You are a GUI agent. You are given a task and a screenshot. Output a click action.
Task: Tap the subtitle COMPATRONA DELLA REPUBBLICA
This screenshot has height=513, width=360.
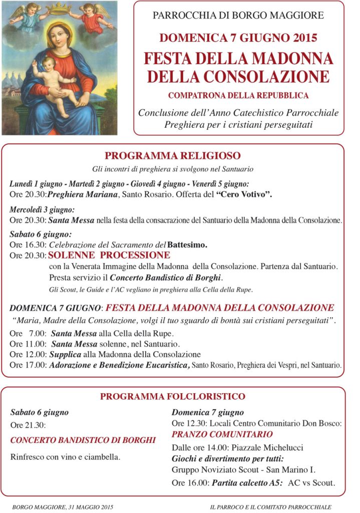pyautogui.click(x=238, y=95)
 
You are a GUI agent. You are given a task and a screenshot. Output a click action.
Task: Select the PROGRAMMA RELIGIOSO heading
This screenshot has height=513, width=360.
pyautogui.click(x=173, y=156)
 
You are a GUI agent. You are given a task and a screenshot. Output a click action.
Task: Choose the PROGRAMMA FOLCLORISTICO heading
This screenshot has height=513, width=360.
pyautogui.click(x=173, y=397)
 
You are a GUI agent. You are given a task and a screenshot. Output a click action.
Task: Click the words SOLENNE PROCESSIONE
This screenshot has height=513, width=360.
pyautogui.click(x=109, y=255)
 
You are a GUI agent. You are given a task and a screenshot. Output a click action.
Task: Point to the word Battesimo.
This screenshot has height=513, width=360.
pyautogui.click(x=187, y=245)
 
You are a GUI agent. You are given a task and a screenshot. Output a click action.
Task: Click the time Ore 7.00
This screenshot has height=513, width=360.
pyautogui.click(x=28, y=333)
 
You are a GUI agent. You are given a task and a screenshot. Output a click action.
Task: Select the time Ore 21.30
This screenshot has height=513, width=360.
pyautogui.click(x=28, y=425)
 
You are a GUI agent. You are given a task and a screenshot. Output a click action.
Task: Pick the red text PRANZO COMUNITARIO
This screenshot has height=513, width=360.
pyautogui.click(x=222, y=434)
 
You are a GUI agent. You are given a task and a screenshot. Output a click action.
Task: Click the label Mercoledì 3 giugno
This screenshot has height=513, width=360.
pyautogui.click(x=42, y=210)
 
